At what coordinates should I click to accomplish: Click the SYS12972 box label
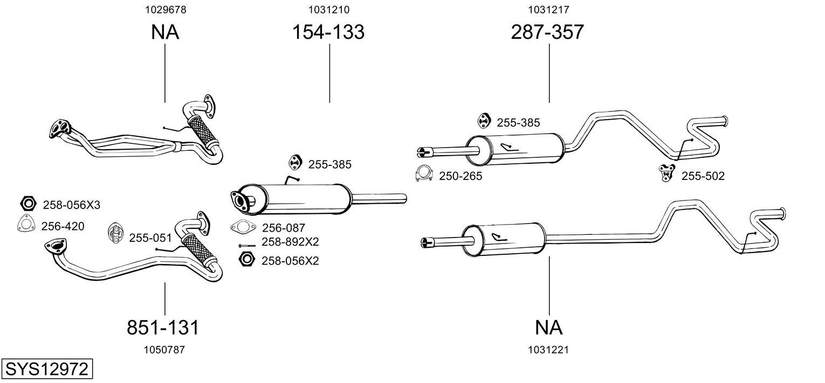coord(46,370)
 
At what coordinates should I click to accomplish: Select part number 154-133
coord(328,32)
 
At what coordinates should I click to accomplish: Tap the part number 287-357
coord(547,32)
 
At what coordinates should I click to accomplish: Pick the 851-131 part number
coord(163,327)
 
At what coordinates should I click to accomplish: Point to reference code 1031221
coord(549,350)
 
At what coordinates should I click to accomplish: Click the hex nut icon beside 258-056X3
coord(27,204)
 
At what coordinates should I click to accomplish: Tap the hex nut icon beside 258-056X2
coord(246,260)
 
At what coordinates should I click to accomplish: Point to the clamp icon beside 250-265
coord(425,173)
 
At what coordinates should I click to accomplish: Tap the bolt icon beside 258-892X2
coord(246,246)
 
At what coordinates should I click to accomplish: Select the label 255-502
coord(703,176)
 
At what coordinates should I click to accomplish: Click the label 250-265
coord(460,176)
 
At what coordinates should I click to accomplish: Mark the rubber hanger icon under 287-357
coord(484,122)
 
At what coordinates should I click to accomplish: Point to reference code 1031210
coord(328,9)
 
